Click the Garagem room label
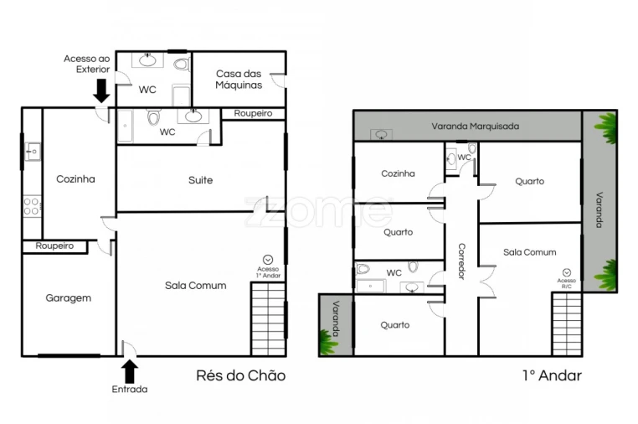pyautogui.click(x=69, y=297)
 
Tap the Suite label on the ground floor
pyautogui.click(x=200, y=180)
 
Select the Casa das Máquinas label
pyautogui.click(x=239, y=80)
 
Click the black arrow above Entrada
pyautogui.click(x=130, y=370)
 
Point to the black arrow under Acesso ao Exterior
pyautogui.click(x=101, y=88)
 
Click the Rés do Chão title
pyautogui.click(x=240, y=376)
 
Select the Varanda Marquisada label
pyautogui.click(x=475, y=127)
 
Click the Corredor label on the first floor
pyautogui.click(x=460, y=261)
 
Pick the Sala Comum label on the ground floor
pyautogui.click(x=195, y=286)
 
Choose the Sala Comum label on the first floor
pyautogui.click(x=529, y=252)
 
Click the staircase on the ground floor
pyautogui.click(x=268, y=319)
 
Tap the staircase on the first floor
pyautogui.click(x=566, y=323)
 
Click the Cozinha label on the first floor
pyautogui.click(x=398, y=174)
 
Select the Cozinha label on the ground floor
pyautogui.click(x=75, y=178)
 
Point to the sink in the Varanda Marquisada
pyautogui.click(x=381, y=134)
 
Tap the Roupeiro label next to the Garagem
pyautogui.click(x=54, y=246)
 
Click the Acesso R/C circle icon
pyautogui.click(x=567, y=273)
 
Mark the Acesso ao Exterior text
pyautogui.click(x=86, y=64)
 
